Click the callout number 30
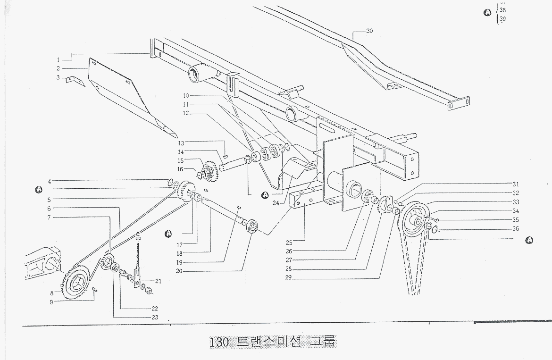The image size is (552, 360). pyautogui.click(x=369, y=31)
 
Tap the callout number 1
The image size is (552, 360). pyautogui.click(x=59, y=60)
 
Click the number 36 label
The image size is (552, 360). pyautogui.click(x=516, y=229)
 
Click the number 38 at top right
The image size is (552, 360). pyautogui.click(x=502, y=10)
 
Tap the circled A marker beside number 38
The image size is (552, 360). pyautogui.click(x=487, y=12)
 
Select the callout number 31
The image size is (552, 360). pyautogui.click(x=516, y=184)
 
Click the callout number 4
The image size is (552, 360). pyautogui.click(x=50, y=180)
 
